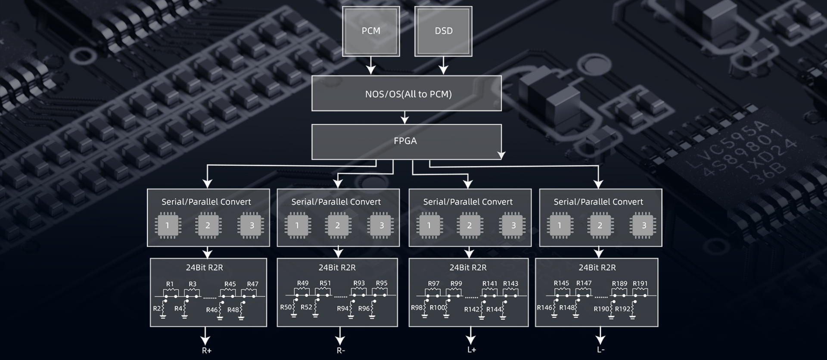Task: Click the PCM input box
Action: pyautogui.click(x=371, y=31)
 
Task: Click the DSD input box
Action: pyautogui.click(x=443, y=31)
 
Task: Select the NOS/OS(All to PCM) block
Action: pyautogui.click(x=407, y=93)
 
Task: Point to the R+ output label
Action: pyautogui.click(x=206, y=351)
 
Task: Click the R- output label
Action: pyautogui.click(x=341, y=351)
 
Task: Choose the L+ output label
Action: pyautogui.click(x=472, y=350)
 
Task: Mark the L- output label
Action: pyautogui.click(x=600, y=350)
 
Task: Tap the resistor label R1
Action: pyautogui.click(x=170, y=284)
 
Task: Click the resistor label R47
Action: pyautogui.click(x=252, y=284)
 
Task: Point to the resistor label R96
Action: pyautogui.click(x=364, y=308)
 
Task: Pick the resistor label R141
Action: pyautogui.click(x=490, y=284)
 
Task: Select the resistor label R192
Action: pyautogui.click(x=622, y=309)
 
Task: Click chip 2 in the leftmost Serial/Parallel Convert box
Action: pyautogui.click(x=208, y=225)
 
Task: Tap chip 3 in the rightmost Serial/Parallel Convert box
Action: pyautogui.click(x=644, y=225)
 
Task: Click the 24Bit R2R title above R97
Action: pyautogui.click(x=468, y=267)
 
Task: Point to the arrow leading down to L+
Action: pyautogui.click(x=471, y=335)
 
